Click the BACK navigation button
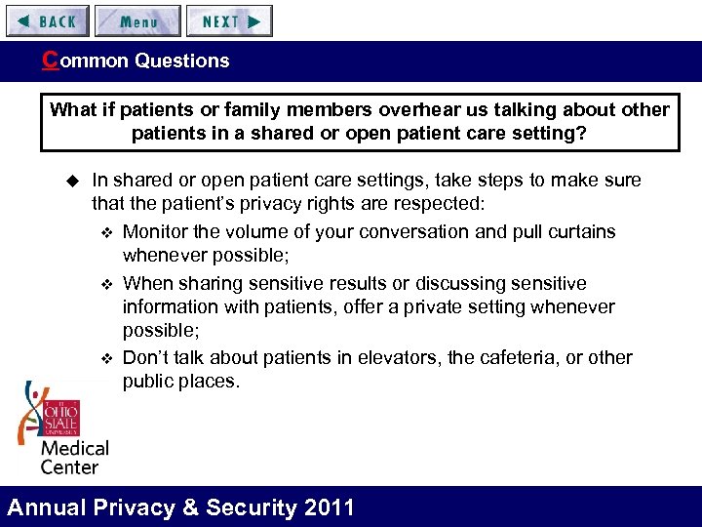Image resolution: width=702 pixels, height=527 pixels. tap(47, 20)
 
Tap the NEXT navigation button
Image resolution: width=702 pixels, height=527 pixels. tap(230, 20)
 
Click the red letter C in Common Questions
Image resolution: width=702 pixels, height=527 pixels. tap(49, 60)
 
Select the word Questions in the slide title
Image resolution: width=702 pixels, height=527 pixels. tap(182, 61)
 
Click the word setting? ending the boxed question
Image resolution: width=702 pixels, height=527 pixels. tap(551, 133)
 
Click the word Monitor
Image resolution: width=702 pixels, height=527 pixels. tap(156, 232)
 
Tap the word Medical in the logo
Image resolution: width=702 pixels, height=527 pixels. tap(74, 449)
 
